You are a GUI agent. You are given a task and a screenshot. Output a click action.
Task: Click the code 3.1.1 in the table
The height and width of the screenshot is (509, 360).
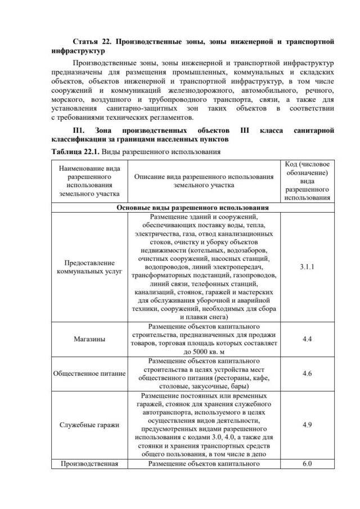coord(307,267)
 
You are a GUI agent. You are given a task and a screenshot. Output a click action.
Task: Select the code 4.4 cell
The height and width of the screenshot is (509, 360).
coord(307,339)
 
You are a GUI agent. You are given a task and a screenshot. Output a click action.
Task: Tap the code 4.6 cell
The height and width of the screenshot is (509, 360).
coord(307,373)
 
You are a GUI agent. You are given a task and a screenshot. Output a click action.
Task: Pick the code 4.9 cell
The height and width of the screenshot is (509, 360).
coord(307,425)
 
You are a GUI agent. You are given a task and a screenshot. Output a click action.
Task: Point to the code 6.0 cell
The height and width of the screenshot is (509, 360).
coord(307,464)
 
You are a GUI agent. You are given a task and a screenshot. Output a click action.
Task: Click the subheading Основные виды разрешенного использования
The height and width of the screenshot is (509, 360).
coord(192,207)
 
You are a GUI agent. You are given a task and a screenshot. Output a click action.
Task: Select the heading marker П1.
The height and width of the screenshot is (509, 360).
coord(75,130)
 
